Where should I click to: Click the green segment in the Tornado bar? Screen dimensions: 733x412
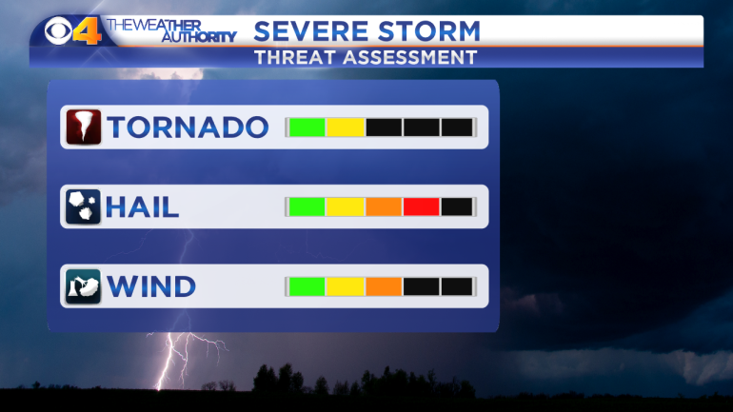click(x=307, y=128)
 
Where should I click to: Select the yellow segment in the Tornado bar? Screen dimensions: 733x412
click(x=346, y=128)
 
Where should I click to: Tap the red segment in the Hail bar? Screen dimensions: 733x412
click(x=421, y=206)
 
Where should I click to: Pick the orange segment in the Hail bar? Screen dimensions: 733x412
click(x=384, y=206)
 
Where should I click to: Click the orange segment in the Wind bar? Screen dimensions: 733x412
click(x=384, y=286)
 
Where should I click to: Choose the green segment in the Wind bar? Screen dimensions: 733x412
click(x=307, y=286)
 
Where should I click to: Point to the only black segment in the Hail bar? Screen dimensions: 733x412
click(x=457, y=206)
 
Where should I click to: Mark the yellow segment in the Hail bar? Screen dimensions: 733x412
click(x=346, y=206)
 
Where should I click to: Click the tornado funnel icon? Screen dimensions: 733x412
click(x=83, y=128)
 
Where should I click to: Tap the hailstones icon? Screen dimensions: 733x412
click(x=83, y=206)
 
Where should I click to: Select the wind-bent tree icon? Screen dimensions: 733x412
click(x=83, y=286)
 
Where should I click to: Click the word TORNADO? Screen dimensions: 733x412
click(x=188, y=128)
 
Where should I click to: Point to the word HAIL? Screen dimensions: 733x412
click(x=143, y=206)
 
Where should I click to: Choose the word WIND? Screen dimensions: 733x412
click(x=151, y=286)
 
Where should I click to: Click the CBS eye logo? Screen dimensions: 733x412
click(x=58, y=30)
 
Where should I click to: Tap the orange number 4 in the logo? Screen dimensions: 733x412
click(x=87, y=30)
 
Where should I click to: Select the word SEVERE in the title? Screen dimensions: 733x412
click(x=311, y=31)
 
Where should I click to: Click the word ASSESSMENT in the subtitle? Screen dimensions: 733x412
click(x=410, y=58)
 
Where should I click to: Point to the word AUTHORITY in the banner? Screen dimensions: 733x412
click(x=199, y=36)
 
